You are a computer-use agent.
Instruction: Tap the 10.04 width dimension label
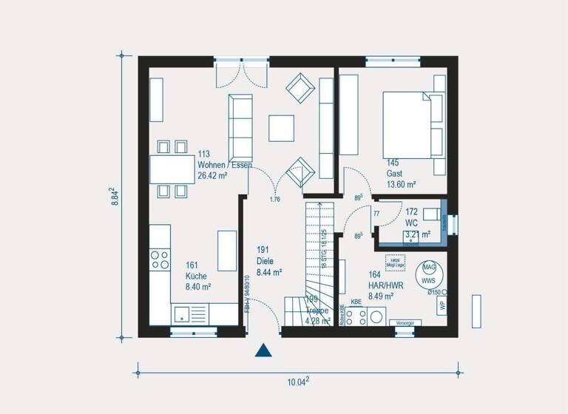[298, 381]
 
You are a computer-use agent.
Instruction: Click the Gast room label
[393, 173]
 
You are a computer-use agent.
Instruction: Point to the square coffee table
[281, 128]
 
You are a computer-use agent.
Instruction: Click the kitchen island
[226, 251]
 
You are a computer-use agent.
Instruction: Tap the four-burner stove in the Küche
[160, 259]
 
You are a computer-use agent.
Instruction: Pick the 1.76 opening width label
[274, 200]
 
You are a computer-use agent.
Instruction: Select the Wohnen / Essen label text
[224, 165]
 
